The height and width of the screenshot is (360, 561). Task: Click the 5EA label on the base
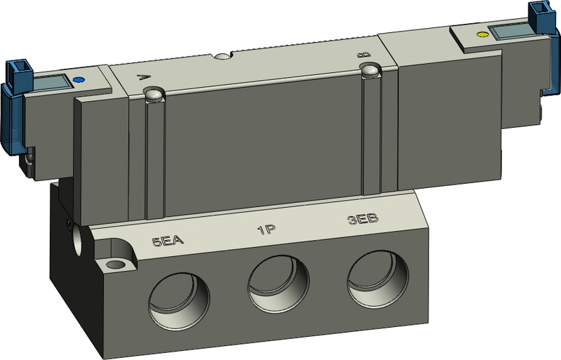coord(168,242)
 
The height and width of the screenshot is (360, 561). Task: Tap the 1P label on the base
coord(265,230)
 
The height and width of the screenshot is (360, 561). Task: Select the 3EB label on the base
coord(363,219)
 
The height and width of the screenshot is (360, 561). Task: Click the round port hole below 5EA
coord(179,298)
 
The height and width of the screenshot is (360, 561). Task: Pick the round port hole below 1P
coord(278,284)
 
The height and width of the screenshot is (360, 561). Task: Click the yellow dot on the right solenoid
coord(480,34)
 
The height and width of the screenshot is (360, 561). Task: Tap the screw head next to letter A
coord(153,94)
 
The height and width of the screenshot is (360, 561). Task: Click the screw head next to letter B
coord(368,69)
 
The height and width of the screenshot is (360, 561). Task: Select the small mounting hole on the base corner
coord(114,265)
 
